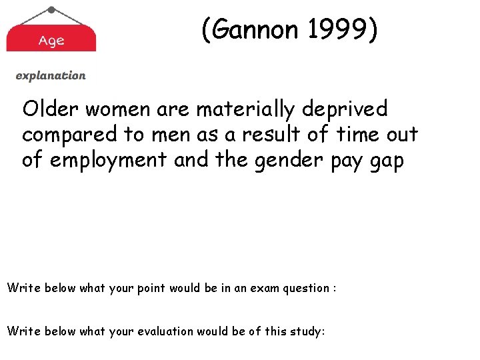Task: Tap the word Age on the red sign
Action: coord(51,41)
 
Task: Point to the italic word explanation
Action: coord(51,76)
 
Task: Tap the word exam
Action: coord(256,288)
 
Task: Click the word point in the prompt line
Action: coord(151,289)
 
